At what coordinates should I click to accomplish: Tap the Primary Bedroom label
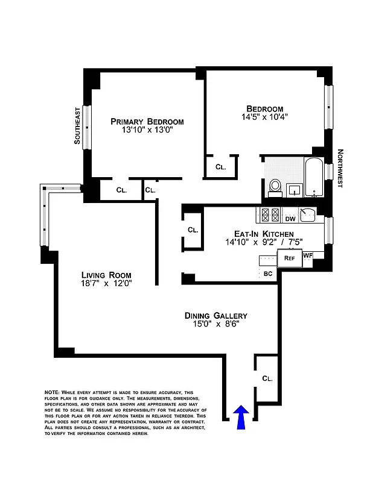(x=147, y=122)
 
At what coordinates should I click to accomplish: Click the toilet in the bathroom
(x=275, y=186)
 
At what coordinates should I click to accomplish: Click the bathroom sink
(x=295, y=190)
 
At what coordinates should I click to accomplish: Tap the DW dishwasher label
(x=290, y=219)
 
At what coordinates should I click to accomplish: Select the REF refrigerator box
(x=289, y=258)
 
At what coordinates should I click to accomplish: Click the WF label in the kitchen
(x=308, y=255)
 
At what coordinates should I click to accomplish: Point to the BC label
(x=269, y=274)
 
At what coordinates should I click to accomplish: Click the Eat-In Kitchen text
(x=264, y=234)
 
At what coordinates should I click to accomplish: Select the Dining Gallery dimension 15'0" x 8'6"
(x=215, y=325)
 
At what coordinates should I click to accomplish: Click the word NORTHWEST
(x=340, y=169)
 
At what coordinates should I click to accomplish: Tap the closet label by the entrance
(x=267, y=379)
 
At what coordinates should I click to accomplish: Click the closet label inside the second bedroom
(x=220, y=167)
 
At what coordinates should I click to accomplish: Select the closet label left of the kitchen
(x=193, y=230)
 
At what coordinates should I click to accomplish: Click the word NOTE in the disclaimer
(x=52, y=392)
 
